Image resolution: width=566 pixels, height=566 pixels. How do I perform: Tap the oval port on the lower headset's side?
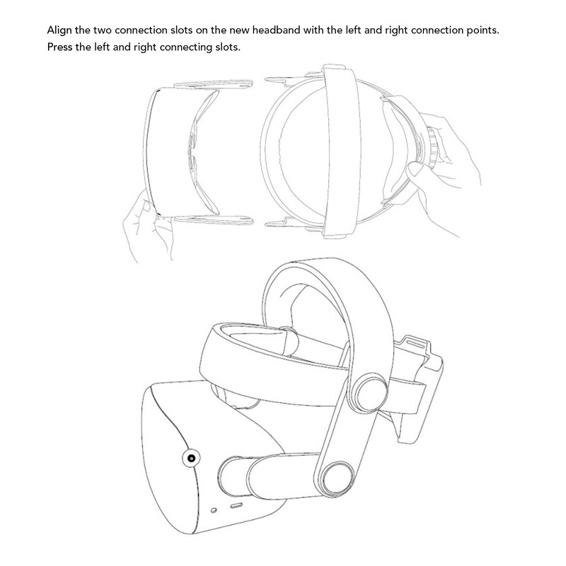[236, 507]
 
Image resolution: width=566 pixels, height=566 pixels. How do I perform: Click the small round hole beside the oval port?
[214, 510]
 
